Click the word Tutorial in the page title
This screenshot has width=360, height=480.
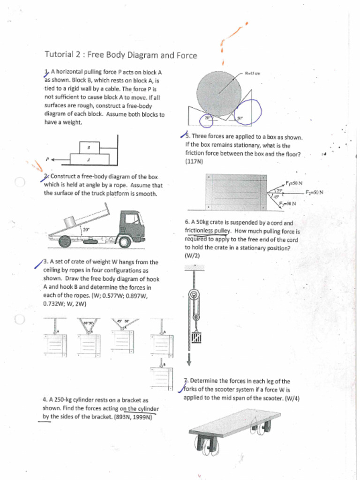(59, 54)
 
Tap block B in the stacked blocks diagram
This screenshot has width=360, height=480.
(89, 147)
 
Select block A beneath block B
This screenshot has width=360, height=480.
(89, 159)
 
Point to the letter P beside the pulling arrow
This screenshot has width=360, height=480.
(47, 159)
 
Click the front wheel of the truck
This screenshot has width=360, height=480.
(124, 242)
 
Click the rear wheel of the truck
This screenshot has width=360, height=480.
(65, 241)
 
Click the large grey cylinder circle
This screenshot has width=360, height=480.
(219, 93)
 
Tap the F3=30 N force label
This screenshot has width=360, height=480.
(287, 203)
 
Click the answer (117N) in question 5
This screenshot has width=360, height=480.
(194, 161)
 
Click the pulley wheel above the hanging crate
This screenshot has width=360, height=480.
(193, 296)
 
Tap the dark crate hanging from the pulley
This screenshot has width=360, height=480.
(196, 337)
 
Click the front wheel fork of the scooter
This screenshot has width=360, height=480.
(208, 443)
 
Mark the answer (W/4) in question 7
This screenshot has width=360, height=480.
(291, 398)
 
